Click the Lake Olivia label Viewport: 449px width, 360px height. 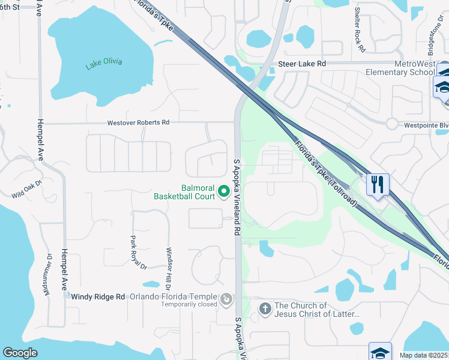click(104, 63)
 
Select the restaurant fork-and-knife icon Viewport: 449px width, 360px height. click(378, 184)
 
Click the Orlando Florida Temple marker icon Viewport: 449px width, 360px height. click(226, 298)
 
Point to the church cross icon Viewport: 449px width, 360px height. click(265, 309)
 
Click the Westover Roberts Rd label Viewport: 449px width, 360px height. click(138, 122)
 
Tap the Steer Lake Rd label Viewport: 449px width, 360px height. click(301, 64)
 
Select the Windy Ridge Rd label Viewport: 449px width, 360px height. click(98, 296)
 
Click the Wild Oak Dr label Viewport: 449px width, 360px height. click(28, 190)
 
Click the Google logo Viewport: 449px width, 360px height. click(20, 353)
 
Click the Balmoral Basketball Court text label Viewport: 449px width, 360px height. click(183, 191)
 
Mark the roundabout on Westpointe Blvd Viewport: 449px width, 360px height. click(393, 124)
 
